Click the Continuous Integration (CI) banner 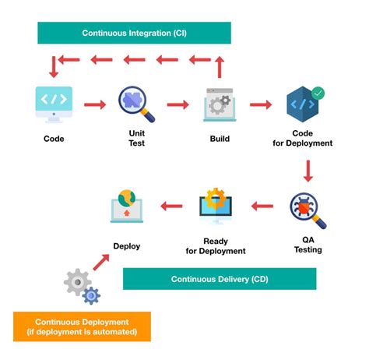(134, 33)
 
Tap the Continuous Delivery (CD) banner (220, 278)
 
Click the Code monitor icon (54, 104)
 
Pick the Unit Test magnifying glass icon (136, 104)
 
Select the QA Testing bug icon (307, 209)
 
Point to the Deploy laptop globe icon (126, 206)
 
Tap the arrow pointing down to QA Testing (308, 170)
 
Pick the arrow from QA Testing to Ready (262, 206)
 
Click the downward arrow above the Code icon (54, 67)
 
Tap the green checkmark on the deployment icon (317, 93)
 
